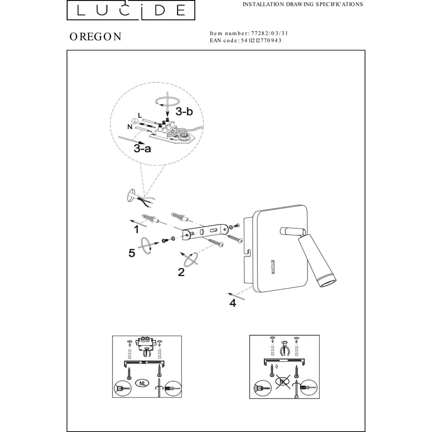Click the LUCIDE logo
pos(131,10)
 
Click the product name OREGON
pos(95,37)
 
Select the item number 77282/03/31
pos(270,33)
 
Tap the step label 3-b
pos(184,111)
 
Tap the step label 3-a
pos(143,149)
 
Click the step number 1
pos(136,229)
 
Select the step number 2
pos(181,272)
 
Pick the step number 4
pos(233,303)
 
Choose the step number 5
pos(132,253)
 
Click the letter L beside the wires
pos(140,115)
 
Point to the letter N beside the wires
pos(130,127)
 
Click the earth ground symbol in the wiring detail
pos(134,121)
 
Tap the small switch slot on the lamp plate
pos(273,267)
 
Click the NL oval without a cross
pos(143,383)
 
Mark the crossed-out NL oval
pos(283,381)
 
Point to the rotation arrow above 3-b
pos(167,102)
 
